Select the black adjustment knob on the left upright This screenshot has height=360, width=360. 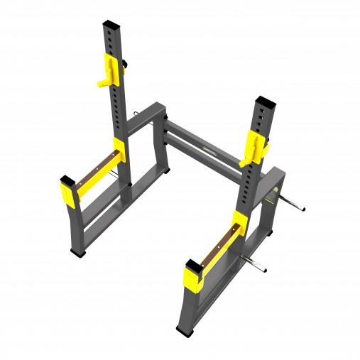pyautogui.click(x=124, y=65)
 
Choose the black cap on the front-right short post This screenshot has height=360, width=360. pyautogui.click(x=192, y=266)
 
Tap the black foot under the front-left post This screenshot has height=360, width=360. pyautogui.click(x=79, y=252)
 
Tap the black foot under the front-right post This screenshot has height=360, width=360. pyautogui.click(x=182, y=329)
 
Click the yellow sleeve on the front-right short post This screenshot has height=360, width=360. pyautogui.click(x=193, y=278)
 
